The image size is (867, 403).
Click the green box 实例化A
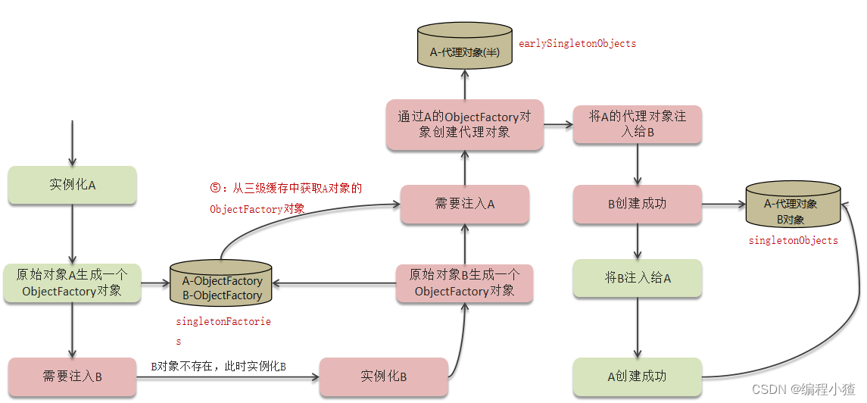click(72, 185)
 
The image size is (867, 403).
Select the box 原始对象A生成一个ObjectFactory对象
click(72, 283)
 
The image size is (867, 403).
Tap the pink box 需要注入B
click(72, 376)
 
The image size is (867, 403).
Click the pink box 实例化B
click(383, 376)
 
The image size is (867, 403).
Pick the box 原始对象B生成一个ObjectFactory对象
click(464, 283)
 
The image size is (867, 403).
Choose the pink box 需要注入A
click(464, 204)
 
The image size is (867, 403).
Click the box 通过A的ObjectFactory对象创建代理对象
click(464, 124)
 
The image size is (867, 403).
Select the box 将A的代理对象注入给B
click(638, 124)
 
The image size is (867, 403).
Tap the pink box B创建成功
click(638, 204)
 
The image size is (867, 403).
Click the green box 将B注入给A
click(638, 278)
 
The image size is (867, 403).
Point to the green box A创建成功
click(638, 376)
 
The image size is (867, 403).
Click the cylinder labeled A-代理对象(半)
click(464, 46)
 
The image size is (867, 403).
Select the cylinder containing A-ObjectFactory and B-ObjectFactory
click(222, 286)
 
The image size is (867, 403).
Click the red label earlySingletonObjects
click(577, 44)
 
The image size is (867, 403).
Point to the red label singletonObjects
click(793, 241)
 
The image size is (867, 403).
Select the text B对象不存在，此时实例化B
click(218, 367)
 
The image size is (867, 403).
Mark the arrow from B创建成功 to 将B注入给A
click(638, 242)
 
